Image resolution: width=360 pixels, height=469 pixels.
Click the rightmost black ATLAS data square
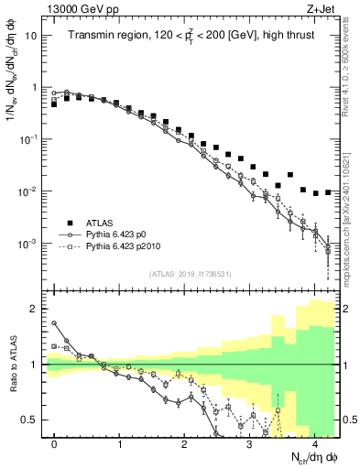pos(328,192)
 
